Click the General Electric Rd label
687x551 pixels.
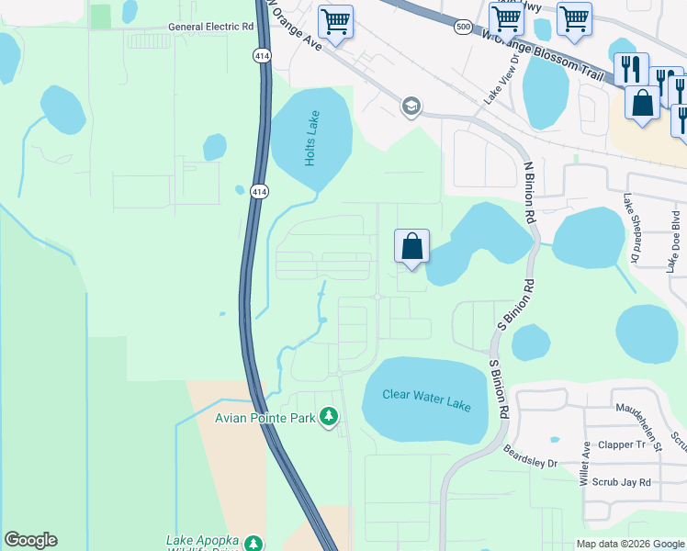210,28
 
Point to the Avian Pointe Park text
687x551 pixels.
265,419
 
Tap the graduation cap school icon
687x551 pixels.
411,107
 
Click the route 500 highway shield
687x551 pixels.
463,28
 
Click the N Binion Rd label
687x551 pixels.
528,192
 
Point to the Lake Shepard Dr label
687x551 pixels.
630,230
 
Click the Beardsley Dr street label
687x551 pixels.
531,456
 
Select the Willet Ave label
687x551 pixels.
585,463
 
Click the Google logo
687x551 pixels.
30,540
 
